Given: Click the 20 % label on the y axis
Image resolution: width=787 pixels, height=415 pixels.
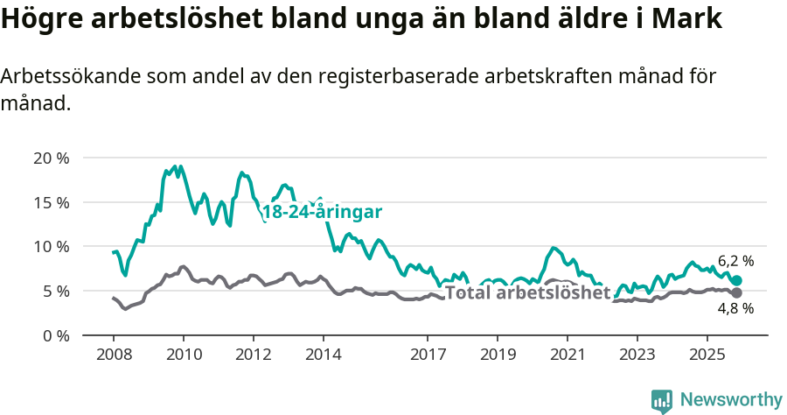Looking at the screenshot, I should point(51,158).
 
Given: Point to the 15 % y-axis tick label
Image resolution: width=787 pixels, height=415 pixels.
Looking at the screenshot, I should point(51,202).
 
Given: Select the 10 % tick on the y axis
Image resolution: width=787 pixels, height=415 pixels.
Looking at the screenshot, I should point(51,247).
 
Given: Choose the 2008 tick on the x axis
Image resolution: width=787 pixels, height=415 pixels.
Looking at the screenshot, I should point(114,355).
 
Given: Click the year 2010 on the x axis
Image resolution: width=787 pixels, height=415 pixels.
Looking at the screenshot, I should point(184,355).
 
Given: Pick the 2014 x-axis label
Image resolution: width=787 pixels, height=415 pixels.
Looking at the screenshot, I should point(323,355).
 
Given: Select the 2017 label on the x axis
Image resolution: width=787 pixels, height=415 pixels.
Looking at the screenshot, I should point(428,355).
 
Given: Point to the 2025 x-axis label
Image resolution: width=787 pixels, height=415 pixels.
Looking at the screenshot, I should point(707,355).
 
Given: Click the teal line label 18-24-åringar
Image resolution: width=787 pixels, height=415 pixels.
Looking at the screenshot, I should point(322,213).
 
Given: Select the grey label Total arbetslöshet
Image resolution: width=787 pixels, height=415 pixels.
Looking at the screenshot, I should point(526,292).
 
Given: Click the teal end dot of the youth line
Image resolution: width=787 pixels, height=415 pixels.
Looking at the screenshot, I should point(737,280).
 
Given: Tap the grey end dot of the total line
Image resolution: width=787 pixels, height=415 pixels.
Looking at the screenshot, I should point(737,292).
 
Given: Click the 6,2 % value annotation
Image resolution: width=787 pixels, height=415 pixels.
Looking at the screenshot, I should point(735,261).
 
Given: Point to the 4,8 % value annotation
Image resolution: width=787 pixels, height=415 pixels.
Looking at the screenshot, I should point(735,309).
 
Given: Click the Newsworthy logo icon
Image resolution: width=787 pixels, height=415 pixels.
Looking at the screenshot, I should point(662,401).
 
